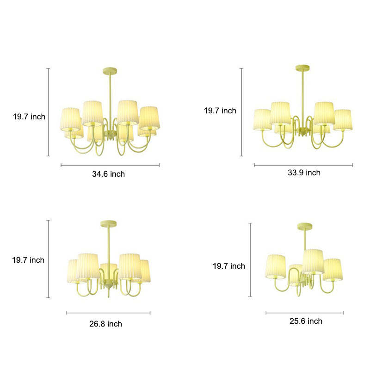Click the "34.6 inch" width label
click(109, 174)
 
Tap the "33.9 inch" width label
click(304, 173)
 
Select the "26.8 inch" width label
click(105, 324)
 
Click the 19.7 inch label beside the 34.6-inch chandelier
click(29, 117)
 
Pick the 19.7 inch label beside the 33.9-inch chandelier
click(220, 111)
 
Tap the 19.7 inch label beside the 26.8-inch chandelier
click(28, 260)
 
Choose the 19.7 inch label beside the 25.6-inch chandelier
click(229, 266)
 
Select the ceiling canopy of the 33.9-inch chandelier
click(303, 68)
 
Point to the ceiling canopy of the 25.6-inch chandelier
click(305, 226)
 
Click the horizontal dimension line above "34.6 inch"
click(110, 165)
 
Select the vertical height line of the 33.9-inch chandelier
click(241, 112)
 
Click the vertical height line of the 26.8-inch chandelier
click(49, 259)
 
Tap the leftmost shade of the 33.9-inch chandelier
click(262, 120)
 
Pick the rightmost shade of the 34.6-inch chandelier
click(149, 118)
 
